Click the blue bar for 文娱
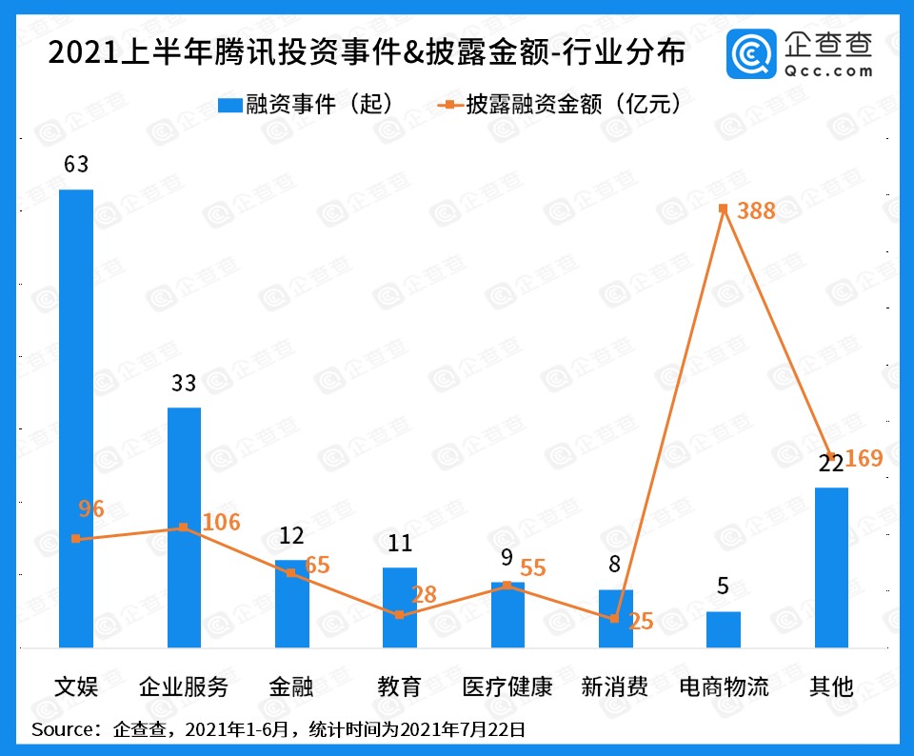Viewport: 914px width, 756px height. [x=76, y=419]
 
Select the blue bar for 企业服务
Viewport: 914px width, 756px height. [x=184, y=527]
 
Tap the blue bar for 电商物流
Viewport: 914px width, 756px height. [x=724, y=629]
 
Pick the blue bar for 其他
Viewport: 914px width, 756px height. [x=831, y=567]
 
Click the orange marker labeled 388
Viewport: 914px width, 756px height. [x=724, y=209]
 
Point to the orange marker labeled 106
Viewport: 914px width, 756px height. [x=184, y=527]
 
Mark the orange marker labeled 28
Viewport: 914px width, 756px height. [x=399, y=615]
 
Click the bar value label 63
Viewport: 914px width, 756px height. [x=76, y=164]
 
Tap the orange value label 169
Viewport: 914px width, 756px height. [x=864, y=459]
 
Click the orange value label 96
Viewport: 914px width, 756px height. [x=91, y=509]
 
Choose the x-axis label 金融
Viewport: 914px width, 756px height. [x=291, y=686]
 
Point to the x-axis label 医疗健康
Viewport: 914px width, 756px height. [x=507, y=686]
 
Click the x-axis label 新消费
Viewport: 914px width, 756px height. [x=615, y=686]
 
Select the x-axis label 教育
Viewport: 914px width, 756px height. [x=399, y=686]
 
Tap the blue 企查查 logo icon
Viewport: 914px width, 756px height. [x=750, y=54]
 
